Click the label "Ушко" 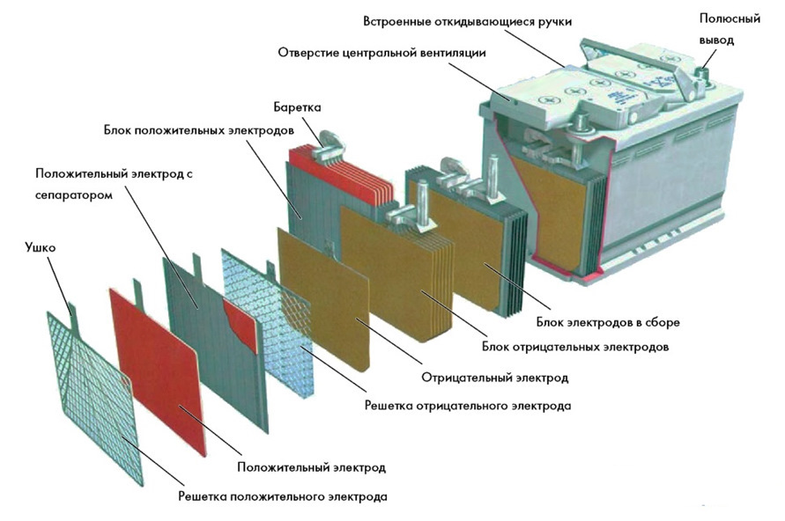click(x=41, y=248)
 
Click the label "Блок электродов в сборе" click(x=608, y=322)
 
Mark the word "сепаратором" click(x=74, y=194)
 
